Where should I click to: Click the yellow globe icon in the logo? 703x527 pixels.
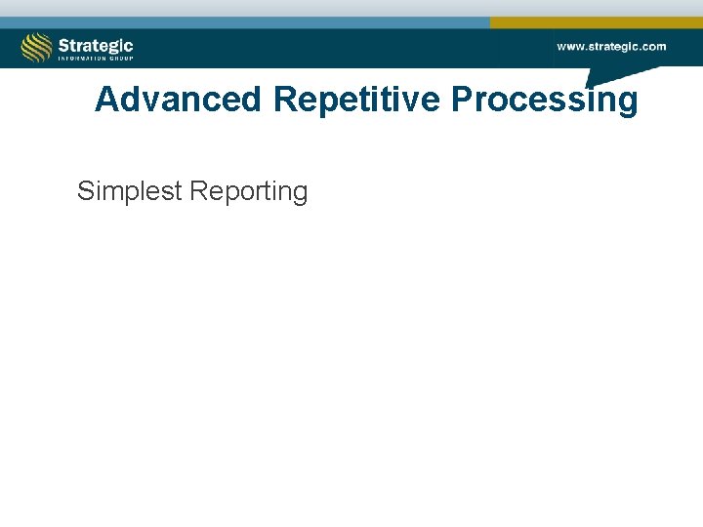[x=37, y=47]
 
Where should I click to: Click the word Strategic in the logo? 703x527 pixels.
[x=95, y=45]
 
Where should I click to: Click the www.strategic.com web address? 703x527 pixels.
[x=611, y=46]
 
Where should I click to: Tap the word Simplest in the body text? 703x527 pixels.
[x=130, y=191]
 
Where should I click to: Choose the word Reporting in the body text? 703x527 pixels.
[x=249, y=191]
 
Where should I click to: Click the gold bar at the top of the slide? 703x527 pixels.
[x=596, y=21]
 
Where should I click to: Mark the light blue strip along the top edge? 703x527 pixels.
[x=244, y=21]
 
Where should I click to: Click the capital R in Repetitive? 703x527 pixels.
[x=285, y=100]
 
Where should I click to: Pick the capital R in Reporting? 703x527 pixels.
[x=199, y=191]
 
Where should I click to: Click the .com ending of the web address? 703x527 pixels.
[x=652, y=46]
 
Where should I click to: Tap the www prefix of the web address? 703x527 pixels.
[x=570, y=46]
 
